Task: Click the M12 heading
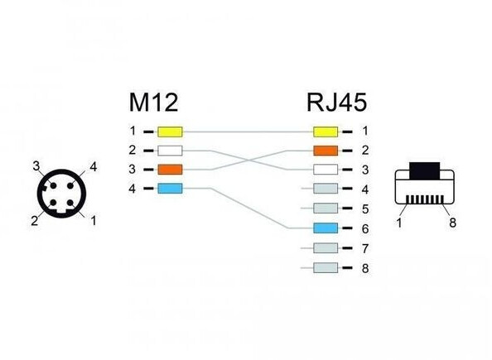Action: [153, 103]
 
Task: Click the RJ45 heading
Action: [336, 103]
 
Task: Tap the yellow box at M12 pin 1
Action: [170, 132]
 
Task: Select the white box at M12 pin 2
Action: [170, 151]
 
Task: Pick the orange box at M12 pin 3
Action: [170, 170]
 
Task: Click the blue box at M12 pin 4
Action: [170, 189]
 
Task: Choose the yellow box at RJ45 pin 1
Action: [326, 132]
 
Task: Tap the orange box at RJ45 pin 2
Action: [326, 151]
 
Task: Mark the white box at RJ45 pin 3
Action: [326, 170]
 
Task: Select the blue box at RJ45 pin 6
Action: [326, 228]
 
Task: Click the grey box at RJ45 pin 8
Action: [326, 268]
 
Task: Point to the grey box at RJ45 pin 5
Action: [326, 209]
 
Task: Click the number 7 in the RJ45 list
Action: [365, 248]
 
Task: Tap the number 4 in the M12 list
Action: [132, 189]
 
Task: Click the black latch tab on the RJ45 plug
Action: [425, 171]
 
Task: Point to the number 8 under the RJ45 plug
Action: [452, 223]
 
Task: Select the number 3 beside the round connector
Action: [36, 166]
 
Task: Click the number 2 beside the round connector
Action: [35, 221]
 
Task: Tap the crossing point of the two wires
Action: [248, 161]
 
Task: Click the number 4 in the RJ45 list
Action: [365, 190]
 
